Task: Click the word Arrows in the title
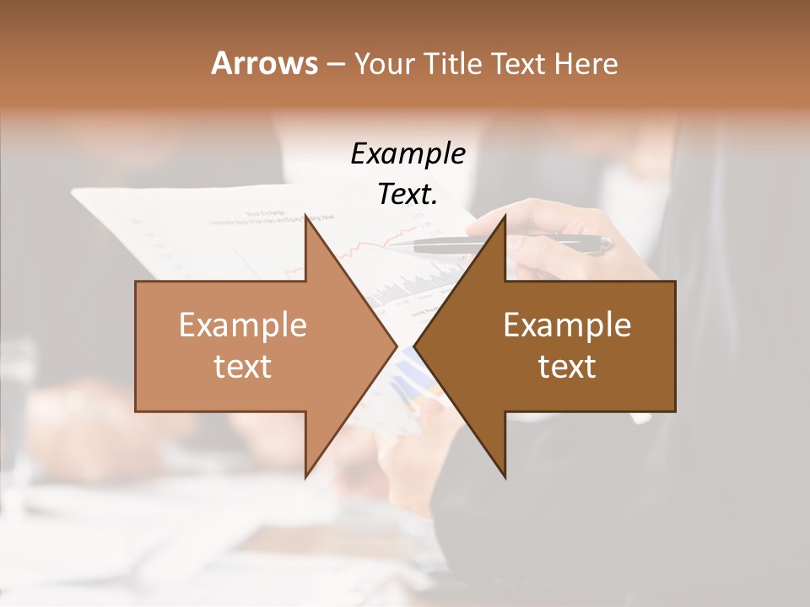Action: pos(264,63)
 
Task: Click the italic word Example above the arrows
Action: pos(408,154)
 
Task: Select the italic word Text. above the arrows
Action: pos(408,195)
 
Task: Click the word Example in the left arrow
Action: pos(243,325)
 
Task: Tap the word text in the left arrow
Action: pos(243,366)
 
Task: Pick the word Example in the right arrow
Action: pos(567,325)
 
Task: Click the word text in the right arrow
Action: pos(567,366)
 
